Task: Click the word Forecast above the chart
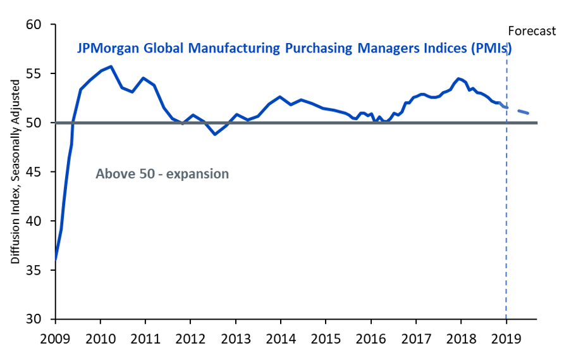coord(532,30)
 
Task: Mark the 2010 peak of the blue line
coord(111,66)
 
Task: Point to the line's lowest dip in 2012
coord(215,134)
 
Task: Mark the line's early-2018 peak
coord(458,78)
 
